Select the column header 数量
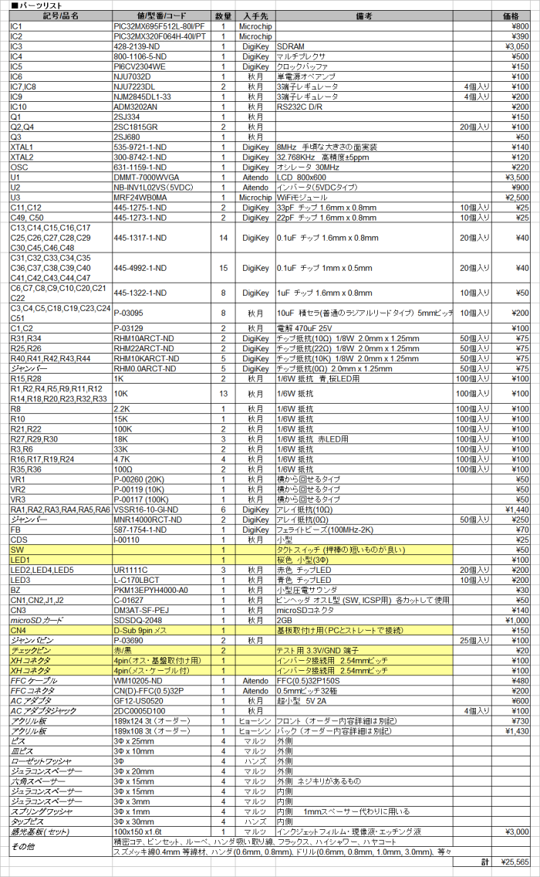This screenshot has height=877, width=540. click(x=223, y=15)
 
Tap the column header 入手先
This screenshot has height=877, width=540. click(x=255, y=15)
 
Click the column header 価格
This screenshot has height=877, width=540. click(x=511, y=15)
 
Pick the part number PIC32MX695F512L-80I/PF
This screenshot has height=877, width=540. click(x=159, y=26)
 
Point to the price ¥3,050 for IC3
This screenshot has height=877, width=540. click(x=516, y=46)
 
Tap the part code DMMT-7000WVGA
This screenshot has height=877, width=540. click(x=145, y=177)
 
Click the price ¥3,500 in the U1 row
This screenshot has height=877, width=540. click(x=516, y=177)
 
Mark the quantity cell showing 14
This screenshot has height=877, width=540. click(x=223, y=238)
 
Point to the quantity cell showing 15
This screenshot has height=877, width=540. click(x=223, y=268)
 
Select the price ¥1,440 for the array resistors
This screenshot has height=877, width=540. click(x=516, y=510)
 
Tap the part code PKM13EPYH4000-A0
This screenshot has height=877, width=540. click(x=150, y=589)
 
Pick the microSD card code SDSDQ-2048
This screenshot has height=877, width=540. click(x=138, y=620)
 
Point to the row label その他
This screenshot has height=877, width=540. click(x=22, y=846)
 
